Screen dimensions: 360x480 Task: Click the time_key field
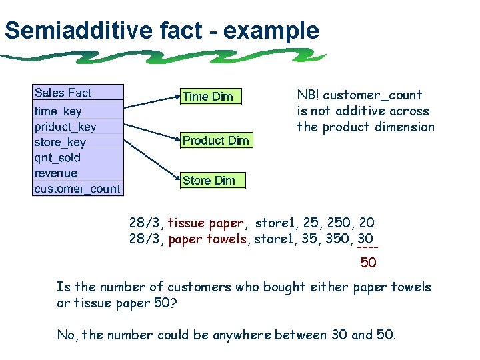coord(58,111)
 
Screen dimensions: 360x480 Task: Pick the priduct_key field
coord(65,127)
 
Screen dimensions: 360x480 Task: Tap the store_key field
coord(60,142)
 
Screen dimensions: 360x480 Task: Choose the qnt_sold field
coord(57,157)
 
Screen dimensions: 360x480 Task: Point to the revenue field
coord(56,173)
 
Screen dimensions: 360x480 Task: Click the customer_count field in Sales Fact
coord(77,189)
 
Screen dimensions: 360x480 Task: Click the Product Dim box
coord(216,141)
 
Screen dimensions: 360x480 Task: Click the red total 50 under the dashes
coord(368,263)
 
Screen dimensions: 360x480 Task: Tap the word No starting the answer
coord(65,335)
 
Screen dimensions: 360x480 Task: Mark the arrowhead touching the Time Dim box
coord(178,96)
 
